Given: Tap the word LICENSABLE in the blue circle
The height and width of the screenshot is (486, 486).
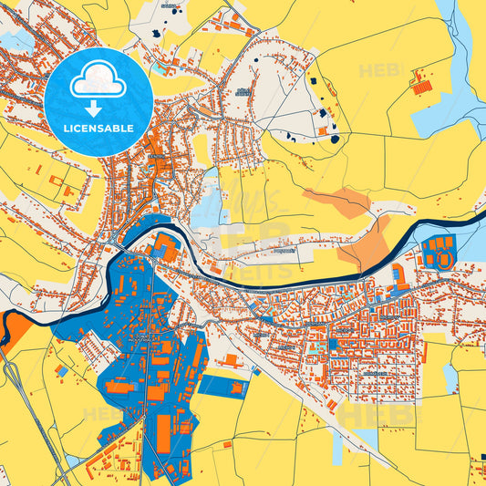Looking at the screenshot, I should (x=99, y=128).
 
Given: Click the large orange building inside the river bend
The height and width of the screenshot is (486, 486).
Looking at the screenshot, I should (x=166, y=247).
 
